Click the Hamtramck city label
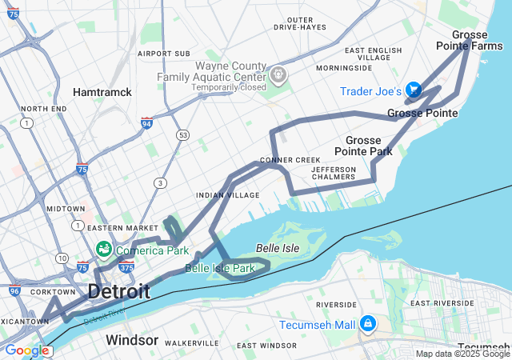point(102,92)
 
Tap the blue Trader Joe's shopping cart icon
point(413,89)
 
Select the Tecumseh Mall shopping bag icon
point(367,324)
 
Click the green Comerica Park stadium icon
point(104,250)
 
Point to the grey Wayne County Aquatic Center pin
point(278,75)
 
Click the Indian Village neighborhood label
point(228,195)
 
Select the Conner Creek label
point(290,160)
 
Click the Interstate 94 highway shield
point(146,123)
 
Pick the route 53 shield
point(183,134)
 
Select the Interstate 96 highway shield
point(14,291)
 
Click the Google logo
point(26,350)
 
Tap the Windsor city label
point(132,340)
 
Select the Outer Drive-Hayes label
point(300,23)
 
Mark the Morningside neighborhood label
point(344,68)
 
